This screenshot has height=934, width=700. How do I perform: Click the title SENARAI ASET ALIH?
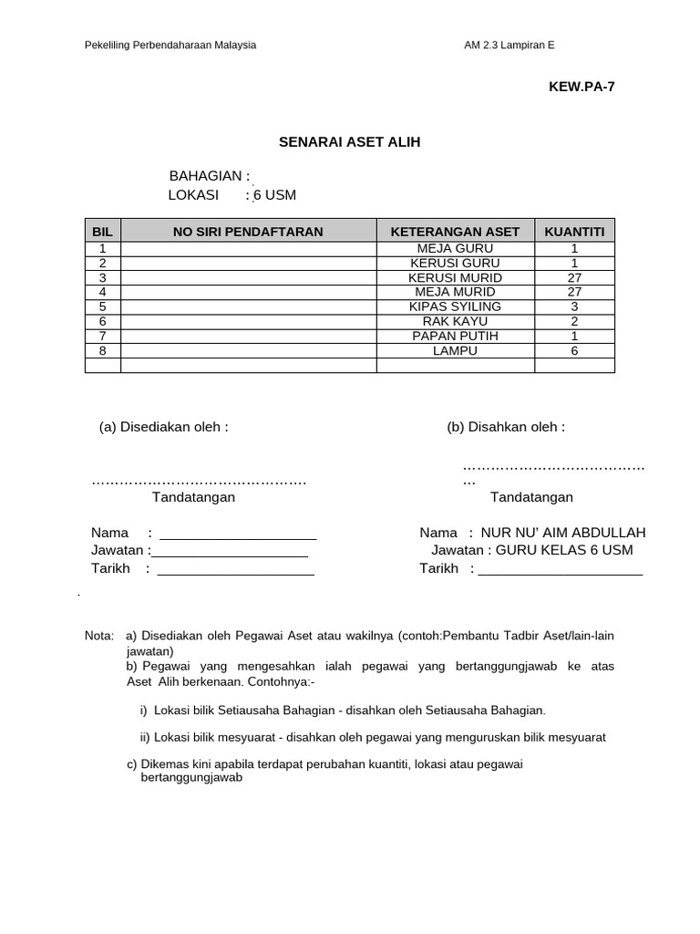coord(350,142)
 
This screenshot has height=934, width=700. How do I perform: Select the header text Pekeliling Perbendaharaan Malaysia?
coord(170,45)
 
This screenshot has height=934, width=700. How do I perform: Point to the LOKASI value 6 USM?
coord(274,195)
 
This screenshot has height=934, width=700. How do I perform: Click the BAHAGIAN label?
coord(209,176)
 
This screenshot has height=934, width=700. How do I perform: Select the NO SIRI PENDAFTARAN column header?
coord(248,232)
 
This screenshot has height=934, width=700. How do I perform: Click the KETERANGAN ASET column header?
coord(455,232)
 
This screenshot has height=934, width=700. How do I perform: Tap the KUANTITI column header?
coord(574,232)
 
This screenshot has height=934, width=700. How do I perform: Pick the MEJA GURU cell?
coord(455,248)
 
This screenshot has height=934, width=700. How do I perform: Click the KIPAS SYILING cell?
coord(455,306)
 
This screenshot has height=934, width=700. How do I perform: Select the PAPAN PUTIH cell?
coord(455,336)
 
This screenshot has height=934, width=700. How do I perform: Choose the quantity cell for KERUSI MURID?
coord(574,277)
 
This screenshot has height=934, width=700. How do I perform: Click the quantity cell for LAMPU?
coord(574,350)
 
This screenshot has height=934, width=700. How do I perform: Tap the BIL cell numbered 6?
coord(103,321)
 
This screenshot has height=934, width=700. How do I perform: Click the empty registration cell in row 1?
coord(248,248)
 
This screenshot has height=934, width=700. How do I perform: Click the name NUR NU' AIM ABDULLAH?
coord(563,533)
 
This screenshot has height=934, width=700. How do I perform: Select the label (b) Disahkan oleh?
coord(506,427)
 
